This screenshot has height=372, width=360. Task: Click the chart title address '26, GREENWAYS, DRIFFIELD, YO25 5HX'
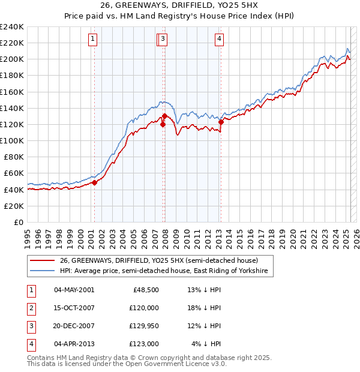pyautogui.click(x=179, y=5)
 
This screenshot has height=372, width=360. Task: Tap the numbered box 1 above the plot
pyautogui.click(x=94, y=40)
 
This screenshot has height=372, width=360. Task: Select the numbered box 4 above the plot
pyautogui.click(x=220, y=40)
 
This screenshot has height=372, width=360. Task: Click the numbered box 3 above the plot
pyautogui.click(x=163, y=40)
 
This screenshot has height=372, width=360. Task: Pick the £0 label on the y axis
pyautogui.click(x=19, y=222)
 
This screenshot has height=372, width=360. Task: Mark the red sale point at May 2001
pyautogui.click(x=94, y=182)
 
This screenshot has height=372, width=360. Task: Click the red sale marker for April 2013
pyautogui.click(x=221, y=122)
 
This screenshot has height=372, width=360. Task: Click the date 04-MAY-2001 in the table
pyautogui.click(x=74, y=289)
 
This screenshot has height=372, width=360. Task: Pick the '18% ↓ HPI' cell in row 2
pyautogui.click(x=204, y=307)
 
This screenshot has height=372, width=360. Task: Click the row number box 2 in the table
pyautogui.click(x=31, y=307)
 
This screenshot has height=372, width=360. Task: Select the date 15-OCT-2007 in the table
pyautogui.click(x=74, y=307)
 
